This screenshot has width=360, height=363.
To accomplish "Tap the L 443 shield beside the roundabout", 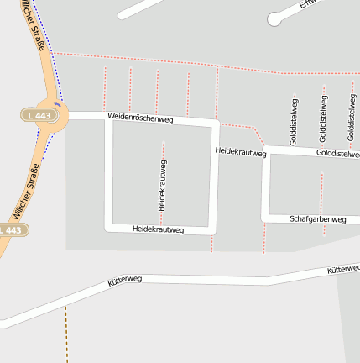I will tap(39, 114).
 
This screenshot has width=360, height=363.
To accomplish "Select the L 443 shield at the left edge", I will tap(13, 229).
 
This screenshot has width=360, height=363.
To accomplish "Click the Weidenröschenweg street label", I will tap(140, 118).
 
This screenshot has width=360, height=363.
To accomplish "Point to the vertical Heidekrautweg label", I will tap(162, 185).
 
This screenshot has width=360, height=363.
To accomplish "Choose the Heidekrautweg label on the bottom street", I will tap(158, 229).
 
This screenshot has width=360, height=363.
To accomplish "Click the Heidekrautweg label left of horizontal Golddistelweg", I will tap(240, 151).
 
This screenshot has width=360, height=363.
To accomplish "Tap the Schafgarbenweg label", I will tap(317, 219).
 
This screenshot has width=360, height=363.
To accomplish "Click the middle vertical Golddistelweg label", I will tap(323, 118).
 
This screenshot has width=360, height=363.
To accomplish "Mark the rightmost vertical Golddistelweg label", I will tap(351, 118).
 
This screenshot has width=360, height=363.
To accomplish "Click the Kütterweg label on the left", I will tap(125, 281).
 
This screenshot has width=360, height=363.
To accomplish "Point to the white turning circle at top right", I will tap(274, 18).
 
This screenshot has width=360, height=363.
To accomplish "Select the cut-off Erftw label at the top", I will tap(311, 4).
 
